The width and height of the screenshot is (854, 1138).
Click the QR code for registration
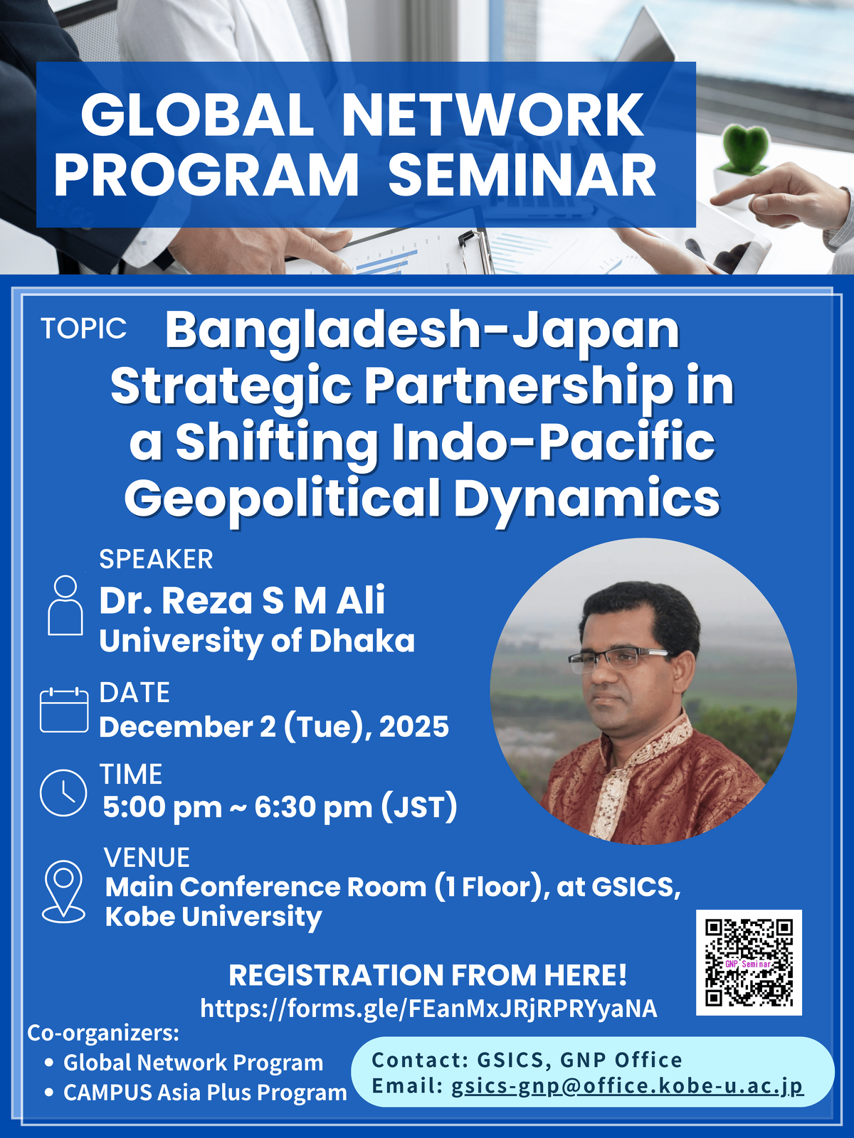(749, 962)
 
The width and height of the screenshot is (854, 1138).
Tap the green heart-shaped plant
(747, 148)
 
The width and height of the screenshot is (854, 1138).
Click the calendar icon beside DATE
(64, 709)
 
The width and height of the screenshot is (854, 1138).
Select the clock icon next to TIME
(63, 793)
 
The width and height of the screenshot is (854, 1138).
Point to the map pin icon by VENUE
(63, 892)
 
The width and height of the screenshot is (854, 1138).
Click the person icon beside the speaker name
(65, 605)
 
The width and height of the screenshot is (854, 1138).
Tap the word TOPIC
(83, 328)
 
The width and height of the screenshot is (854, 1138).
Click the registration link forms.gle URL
(429, 1009)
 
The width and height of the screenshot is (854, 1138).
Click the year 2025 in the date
(413, 726)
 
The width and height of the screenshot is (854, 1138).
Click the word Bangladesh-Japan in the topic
(422, 332)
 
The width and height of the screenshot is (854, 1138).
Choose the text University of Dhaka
(257, 641)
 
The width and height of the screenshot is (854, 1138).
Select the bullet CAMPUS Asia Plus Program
(205, 1092)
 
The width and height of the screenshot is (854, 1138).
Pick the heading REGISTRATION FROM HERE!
(428, 975)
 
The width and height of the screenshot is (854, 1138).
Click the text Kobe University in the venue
(213, 917)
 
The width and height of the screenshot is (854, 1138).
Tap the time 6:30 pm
(313, 807)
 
